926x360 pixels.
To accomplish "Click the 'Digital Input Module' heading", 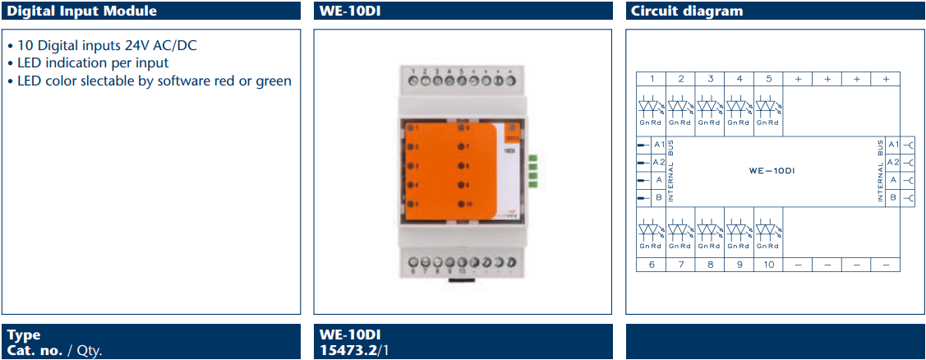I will click(81, 11).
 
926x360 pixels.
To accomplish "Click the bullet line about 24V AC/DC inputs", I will click(101, 45).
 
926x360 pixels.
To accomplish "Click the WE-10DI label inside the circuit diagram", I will click(772, 171).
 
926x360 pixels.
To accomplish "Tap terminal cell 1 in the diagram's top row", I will click(652, 79).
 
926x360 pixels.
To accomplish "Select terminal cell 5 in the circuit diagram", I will click(768, 79).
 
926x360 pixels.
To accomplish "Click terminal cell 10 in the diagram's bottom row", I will click(768, 264).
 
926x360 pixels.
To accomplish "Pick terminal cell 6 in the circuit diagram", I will click(652, 264).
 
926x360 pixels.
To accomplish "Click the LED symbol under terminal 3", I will click(710, 108).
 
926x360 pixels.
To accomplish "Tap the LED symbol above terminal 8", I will click(710, 229).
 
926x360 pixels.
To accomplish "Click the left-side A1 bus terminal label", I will click(658, 145).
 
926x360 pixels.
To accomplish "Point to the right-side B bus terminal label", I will click(893, 197).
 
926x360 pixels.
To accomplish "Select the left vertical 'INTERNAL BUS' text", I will click(671, 171).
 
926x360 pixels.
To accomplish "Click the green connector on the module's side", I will click(532, 170).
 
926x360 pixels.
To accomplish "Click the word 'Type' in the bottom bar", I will click(23, 335).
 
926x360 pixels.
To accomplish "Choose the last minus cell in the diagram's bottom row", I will click(886, 264).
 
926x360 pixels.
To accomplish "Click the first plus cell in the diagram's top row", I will click(798, 79).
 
